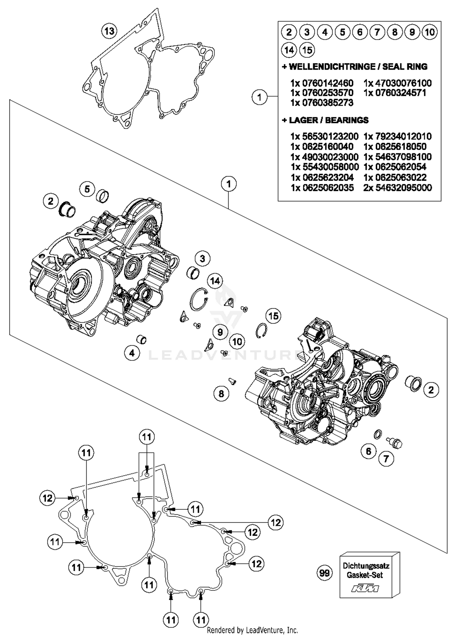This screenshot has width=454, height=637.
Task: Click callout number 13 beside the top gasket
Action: [x=109, y=31]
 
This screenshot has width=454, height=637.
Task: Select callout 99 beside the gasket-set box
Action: [x=324, y=573]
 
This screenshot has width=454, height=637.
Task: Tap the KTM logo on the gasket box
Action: [x=365, y=589]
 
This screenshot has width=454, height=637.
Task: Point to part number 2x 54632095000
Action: [x=397, y=188]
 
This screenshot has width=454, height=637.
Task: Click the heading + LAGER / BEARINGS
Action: [x=325, y=120]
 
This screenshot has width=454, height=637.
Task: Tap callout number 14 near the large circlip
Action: [x=215, y=281]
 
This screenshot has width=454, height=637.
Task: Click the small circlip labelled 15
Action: [x=261, y=331]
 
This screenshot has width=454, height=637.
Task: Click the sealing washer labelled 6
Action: [x=378, y=434]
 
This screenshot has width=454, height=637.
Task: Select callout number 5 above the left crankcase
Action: [x=87, y=189]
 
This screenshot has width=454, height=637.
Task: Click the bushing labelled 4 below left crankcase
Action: [x=142, y=339]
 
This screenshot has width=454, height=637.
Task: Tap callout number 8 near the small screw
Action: [x=221, y=394]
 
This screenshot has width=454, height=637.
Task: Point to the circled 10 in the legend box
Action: [x=430, y=32]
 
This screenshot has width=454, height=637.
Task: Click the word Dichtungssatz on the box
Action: [x=366, y=565]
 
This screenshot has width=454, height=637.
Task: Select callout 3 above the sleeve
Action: [x=202, y=259]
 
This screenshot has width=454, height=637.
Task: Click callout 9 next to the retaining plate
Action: [x=220, y=332]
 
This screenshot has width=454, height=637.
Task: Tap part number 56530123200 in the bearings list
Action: [x=324, y=136]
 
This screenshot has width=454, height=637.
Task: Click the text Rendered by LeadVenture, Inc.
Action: [x=252, y=630]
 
